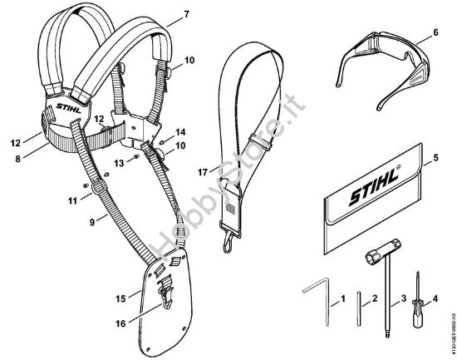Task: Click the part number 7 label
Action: [187, 15]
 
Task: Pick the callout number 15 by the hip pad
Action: [120, 296]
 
